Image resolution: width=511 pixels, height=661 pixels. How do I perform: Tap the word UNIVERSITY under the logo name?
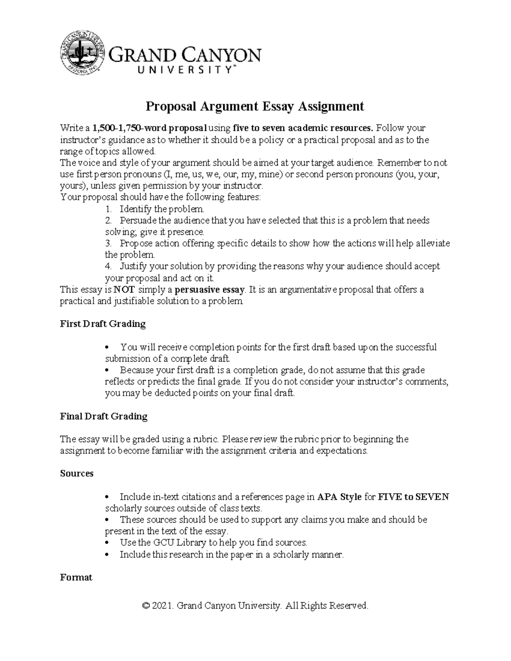(x=172, y=71)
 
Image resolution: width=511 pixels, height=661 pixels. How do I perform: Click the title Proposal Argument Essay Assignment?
(x=255, y=106)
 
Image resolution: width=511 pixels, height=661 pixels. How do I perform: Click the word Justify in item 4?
(x=132, y=266)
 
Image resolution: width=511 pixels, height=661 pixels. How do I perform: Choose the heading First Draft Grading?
(x=103, y=324)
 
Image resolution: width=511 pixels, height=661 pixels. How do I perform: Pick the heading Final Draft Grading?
(x=103, y=416)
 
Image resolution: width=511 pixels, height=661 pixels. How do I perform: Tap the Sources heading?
(x=77, y=474)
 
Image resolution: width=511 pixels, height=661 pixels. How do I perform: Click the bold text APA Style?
(x=339, y=497)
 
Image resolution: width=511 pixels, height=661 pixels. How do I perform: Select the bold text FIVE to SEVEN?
(x=413, y=497)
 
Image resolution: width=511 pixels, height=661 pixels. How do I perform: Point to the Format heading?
(x=76, y=578)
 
